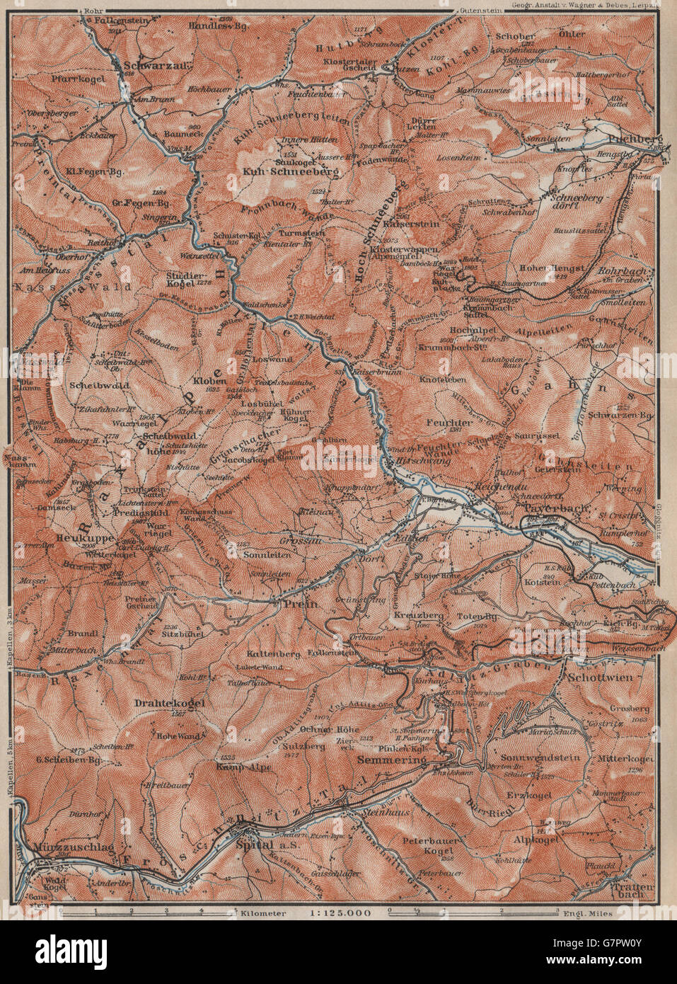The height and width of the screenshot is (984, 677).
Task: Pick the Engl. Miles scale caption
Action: coord(589,913)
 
